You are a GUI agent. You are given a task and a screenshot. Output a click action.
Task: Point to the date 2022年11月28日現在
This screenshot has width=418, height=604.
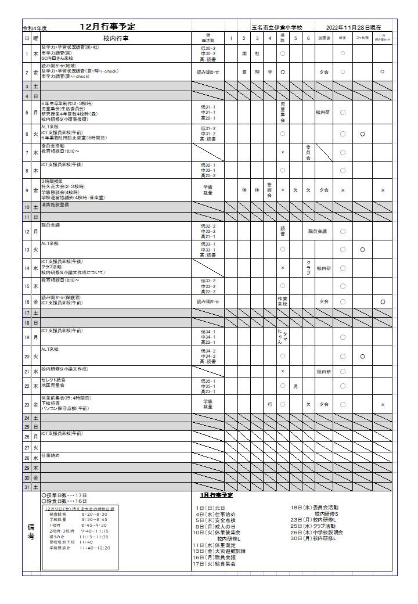pos(354,27)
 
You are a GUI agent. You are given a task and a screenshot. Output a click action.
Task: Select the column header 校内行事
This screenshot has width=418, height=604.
pos(116,38)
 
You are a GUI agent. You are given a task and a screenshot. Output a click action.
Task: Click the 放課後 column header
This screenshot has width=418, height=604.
pos(323,38)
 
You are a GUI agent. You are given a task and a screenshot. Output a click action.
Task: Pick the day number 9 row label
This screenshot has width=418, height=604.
pos(26,190)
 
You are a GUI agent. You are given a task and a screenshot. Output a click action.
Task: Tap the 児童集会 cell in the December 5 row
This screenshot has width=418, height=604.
pos(283,113)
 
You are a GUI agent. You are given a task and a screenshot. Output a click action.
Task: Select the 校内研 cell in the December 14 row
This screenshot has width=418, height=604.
pos(323,268)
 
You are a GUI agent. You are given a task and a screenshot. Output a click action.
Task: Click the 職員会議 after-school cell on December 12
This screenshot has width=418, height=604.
pos(317,231)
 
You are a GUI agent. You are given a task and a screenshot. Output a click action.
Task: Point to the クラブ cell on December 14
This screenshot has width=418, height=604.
pos(308,268)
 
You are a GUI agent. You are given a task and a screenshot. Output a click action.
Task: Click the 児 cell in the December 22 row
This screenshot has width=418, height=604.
pos(296,386)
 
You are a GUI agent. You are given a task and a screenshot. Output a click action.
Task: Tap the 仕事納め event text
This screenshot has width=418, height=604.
pos(51,456)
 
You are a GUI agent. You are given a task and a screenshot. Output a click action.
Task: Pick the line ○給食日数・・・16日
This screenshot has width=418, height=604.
pos(64,501)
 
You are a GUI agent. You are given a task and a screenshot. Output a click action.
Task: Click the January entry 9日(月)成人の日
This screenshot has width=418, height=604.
pos(215,526)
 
